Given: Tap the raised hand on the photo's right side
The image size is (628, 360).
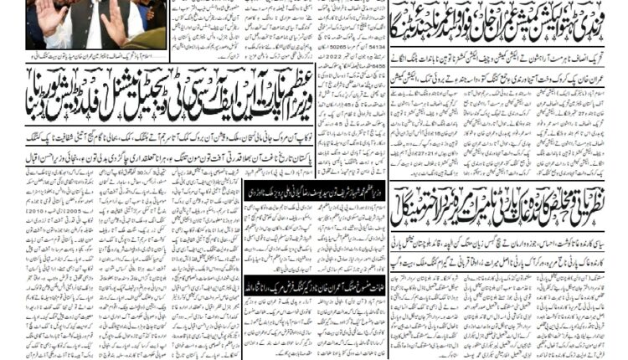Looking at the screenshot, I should [112, 21].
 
